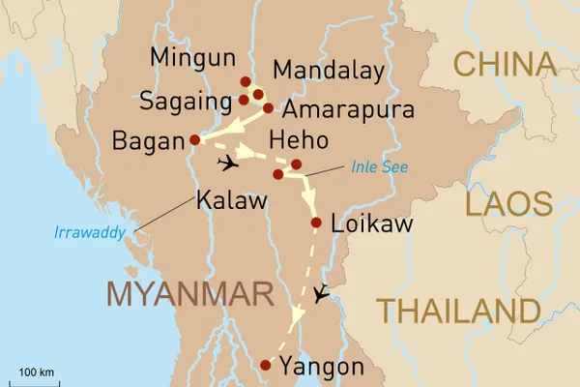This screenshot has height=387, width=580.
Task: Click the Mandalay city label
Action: coord(329,71)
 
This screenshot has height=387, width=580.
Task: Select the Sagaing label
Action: coord(185,100)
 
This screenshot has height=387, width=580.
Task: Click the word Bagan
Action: coord(147,141)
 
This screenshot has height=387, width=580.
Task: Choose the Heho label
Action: coord(304,139)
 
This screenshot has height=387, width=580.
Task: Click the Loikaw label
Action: coord(371,224)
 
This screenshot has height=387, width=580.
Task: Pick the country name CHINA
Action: coord(506,65)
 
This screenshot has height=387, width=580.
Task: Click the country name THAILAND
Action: coord(458,311)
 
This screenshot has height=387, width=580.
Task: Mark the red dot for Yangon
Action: coord(266,365)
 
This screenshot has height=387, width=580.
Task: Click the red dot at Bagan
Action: coord(195,138)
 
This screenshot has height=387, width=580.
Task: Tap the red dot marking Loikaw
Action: coord(315,223)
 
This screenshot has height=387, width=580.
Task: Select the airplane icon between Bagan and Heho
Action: coord(228,162)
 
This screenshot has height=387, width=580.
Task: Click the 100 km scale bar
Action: coord(36,382)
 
